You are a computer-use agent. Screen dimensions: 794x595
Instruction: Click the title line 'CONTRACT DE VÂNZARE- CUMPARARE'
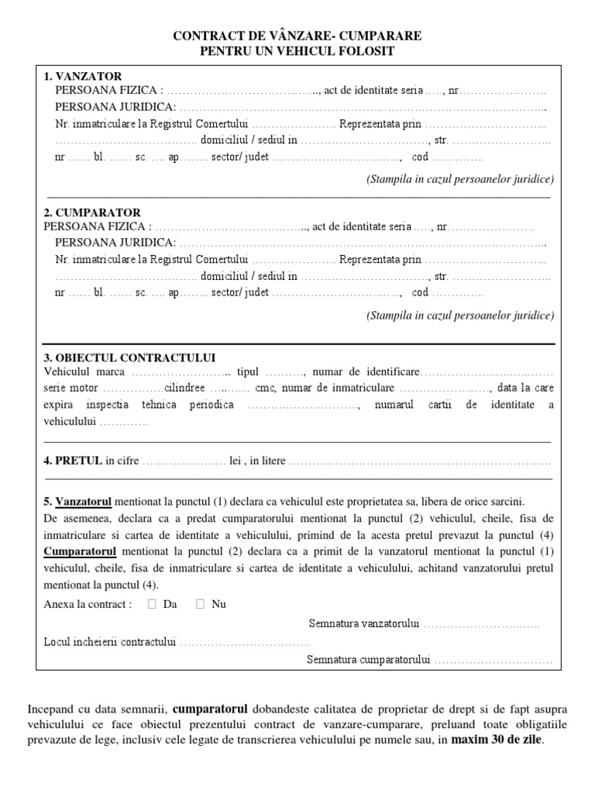coord(297,36)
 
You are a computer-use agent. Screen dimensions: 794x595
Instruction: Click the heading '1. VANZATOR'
coord(83,76)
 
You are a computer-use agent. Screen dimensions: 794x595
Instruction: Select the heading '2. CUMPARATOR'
coord(92,212)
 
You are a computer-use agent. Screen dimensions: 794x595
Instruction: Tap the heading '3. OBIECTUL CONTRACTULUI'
coord(129,357)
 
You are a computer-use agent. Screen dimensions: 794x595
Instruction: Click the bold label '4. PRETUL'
coord(73,461)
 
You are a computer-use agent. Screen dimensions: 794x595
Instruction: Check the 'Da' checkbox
coord(152,604)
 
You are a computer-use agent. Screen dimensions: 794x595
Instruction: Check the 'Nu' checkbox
coord(201,604)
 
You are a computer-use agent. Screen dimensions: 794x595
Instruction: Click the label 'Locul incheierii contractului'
coord(111,642)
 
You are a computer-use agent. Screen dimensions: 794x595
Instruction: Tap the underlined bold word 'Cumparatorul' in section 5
coord(80,551)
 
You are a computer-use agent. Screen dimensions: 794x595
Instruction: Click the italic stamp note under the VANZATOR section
coord(460,179)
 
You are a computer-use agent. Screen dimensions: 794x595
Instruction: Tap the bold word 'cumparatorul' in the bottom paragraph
coord(210,709)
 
